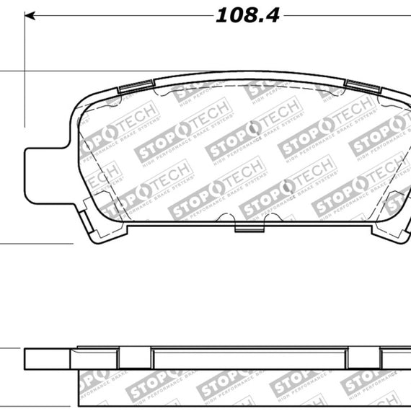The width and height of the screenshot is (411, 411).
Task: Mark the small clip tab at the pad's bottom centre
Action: pos(248,229)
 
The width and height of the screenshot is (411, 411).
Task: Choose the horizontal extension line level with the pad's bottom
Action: pos(36,244)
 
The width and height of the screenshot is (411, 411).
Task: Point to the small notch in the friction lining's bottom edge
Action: pos(267,216)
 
